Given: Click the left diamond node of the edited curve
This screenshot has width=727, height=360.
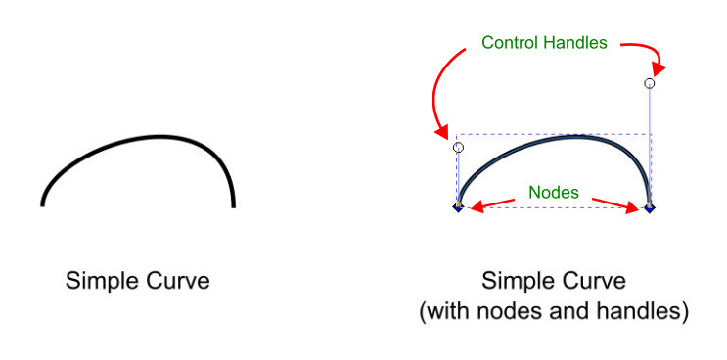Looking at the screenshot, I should [x=458, y=207].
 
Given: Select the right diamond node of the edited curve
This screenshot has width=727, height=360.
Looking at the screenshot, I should [x=650, y=207].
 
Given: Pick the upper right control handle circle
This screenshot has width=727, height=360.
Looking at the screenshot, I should [x=650, y=84].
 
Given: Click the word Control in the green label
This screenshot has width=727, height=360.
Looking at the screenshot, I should [x=513, y=43].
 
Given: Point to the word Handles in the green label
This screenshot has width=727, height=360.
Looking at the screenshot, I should [x=577, y=43].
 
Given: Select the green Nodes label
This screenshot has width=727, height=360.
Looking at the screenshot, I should [x=555, y=193].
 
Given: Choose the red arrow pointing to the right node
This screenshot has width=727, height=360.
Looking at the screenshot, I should [x=613, y=202].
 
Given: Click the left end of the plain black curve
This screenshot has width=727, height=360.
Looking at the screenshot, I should [x=42, y=204].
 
